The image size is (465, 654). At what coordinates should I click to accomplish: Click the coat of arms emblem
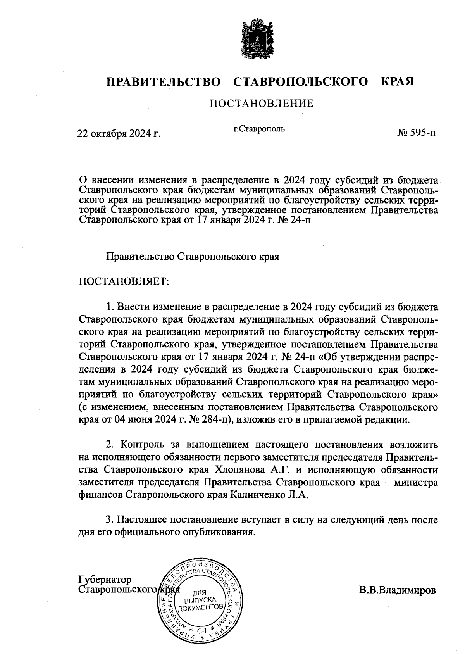(x=256, y=39)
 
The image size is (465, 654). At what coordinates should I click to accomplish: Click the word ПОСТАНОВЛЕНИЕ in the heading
(x=261, y=104)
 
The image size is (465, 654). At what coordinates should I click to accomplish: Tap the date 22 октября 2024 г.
(x=119, y=134)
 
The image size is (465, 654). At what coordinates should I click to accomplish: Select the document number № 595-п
(x=416, y=133)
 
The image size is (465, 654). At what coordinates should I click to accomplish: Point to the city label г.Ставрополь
(x=259, y=129)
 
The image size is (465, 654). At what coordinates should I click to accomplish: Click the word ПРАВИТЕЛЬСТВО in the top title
(x=164, y=82)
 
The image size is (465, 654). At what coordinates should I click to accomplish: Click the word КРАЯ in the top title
(x=397, y=82)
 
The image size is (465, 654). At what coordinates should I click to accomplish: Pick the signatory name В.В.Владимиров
(x=397, y=590)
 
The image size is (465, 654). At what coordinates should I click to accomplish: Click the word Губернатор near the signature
(x=105, y=580)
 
